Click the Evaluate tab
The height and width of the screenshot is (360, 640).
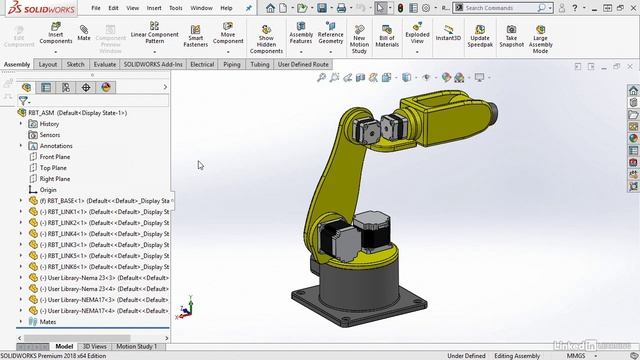104,64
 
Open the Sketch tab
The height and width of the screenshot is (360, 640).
75,64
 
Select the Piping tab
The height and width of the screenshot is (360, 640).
232,64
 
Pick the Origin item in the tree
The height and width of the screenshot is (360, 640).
48,190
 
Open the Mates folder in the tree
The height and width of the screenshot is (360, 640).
47,322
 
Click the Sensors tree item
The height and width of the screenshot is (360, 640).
49,135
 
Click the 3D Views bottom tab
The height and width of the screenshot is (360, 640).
95,346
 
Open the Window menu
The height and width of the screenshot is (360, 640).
201,7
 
